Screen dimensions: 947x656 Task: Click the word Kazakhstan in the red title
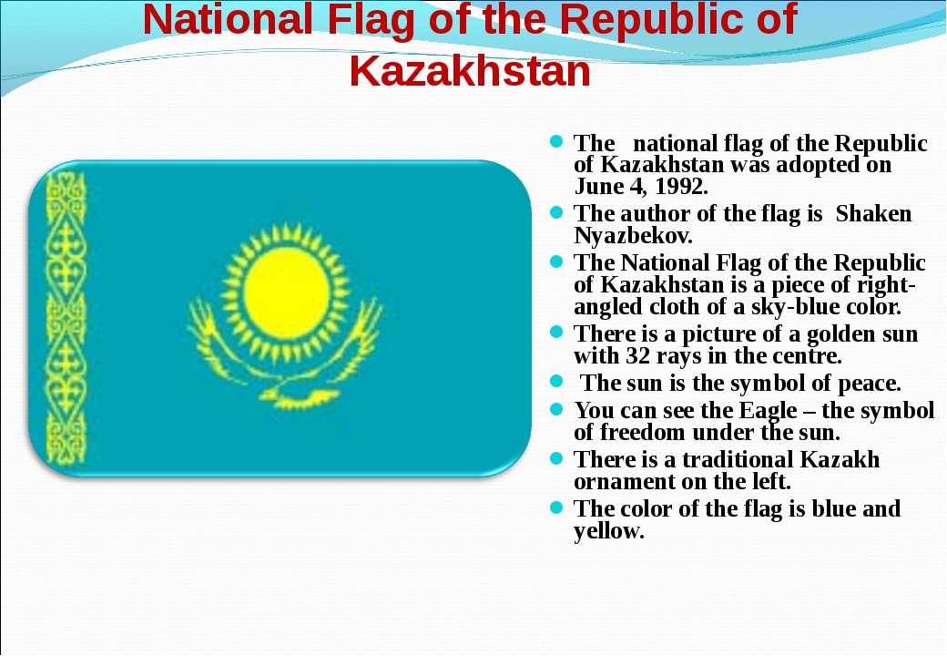click(470, 71)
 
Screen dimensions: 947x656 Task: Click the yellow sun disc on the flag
click(286, 293)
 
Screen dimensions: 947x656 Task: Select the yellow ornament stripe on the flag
click(66, 318)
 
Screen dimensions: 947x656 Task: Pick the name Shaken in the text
click(874, 214)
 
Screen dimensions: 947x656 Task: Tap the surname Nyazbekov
click(633, 236)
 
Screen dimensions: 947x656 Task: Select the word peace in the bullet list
click(869, 384)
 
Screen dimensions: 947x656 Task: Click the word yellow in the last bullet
click(609, 531)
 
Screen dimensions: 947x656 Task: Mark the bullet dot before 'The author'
click(556, 212)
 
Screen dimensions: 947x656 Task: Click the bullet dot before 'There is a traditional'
click(556, 458)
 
